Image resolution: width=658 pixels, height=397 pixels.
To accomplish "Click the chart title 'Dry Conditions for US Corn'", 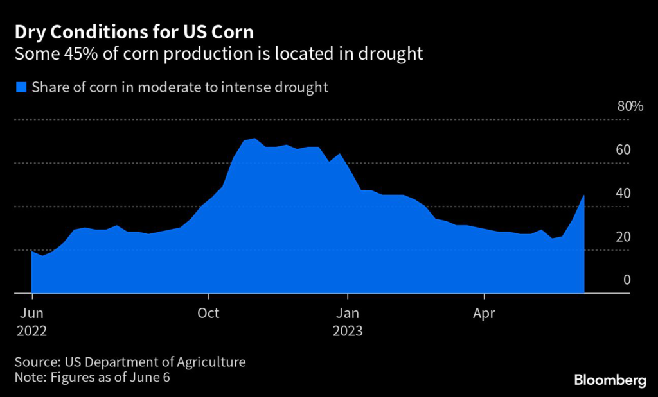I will (134, 31).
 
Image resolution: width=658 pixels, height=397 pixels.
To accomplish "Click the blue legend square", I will (21, 87).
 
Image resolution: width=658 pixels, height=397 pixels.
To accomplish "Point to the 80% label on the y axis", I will (630, 106).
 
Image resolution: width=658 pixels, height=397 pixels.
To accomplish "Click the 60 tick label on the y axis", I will (623, 150).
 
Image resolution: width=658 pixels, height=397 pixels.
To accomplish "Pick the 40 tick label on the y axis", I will (623, 193).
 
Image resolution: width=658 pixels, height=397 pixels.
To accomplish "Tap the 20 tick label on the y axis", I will (623, 237).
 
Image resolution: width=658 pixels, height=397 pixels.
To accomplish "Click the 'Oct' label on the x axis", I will (208, 314).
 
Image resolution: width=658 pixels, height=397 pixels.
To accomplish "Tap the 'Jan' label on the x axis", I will (347, 314).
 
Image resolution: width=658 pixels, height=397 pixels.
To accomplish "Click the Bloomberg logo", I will (610, 380).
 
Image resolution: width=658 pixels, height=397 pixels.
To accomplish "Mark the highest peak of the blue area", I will (255, 139).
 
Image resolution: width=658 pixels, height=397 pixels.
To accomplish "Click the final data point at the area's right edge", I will (583, 195).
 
